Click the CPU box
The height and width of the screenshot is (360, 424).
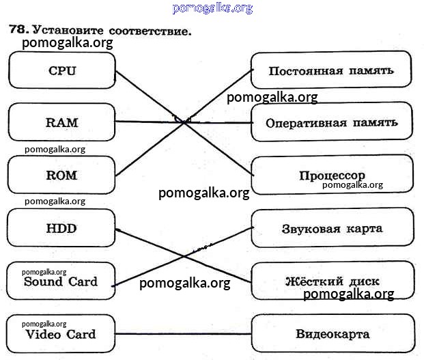click(61, 70)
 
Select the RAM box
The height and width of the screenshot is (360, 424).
click(61, 123)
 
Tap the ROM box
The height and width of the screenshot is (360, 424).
click(61, 175)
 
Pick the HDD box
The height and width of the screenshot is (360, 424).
click(61, 228)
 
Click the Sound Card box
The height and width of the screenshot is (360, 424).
click(61, 281)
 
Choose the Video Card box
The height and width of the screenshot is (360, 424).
click(61, 334)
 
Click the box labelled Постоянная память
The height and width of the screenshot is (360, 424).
click(331, 71)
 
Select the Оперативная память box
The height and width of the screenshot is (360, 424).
click(331, 123)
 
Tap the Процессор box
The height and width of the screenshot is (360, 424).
click(332, 175)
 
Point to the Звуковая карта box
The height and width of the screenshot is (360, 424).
click(332, 228)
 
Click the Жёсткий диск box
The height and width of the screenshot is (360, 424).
click(332, 281)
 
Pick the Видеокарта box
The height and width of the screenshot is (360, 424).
click(333, 334)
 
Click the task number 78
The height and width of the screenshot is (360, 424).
click(18, 30)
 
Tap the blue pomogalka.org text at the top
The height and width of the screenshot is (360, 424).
click(212, 8)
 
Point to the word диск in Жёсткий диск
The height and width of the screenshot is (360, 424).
click(363, 281)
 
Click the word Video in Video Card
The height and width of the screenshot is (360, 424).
click(44, 335)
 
